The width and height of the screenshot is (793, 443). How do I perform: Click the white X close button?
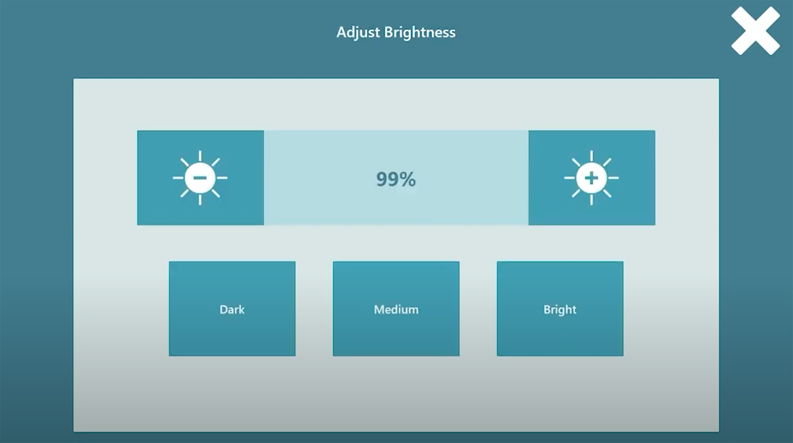pyautogui.click(x=755, y=31)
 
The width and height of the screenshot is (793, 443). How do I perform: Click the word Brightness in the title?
pyautogui.click(x=420, y=32)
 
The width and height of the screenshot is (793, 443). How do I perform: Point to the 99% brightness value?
pyautogui.click(x=396, y=179)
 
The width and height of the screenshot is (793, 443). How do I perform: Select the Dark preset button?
pyautogui.click(x=232, y=309)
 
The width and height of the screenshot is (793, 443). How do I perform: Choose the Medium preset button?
pyautogui.click(x=396, y=309)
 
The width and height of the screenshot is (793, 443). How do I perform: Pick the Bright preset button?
pyautogui.click(x=560, y=309)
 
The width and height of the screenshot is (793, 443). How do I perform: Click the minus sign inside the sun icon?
pyautogui.click(x=200, y=177)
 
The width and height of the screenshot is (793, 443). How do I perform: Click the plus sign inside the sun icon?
pyautogui.click(x=591, y=177)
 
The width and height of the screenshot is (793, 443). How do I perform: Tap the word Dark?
pyautogui.click(x=232, y=310)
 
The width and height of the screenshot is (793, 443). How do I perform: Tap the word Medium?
pyautogui.click(x=396, y=310)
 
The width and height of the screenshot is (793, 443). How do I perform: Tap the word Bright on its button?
pyautogui.click(x=560, y=310)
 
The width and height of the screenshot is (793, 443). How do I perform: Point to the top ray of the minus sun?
pyautogui.click(x=200, y=156)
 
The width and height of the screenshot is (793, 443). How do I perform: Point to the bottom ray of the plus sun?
pyautogui.click(x=591, y=200)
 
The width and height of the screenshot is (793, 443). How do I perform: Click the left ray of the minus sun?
pyautogui.click(x=178, y=177)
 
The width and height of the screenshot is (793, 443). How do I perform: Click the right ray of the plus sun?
pyautogui.click(x=613, y=177)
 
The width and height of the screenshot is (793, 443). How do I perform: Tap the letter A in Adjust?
pyautogui.click(x=341, y=32)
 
